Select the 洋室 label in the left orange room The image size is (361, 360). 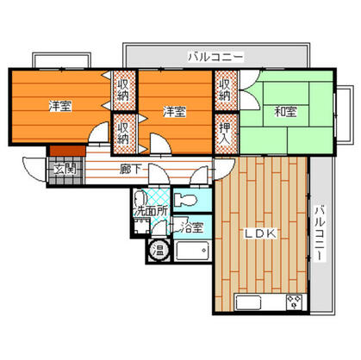[x=59, y=107]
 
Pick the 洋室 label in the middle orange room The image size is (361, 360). [x=175, y=110]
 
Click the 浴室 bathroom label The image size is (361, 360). [x=191, y=228]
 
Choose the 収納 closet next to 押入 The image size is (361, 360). [x=225, y=90]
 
